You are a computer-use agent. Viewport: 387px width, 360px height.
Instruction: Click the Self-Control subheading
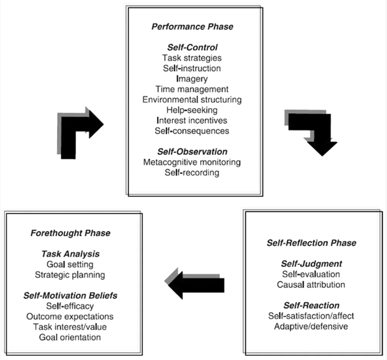coord(192,49)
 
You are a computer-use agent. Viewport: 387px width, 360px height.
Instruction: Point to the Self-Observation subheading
coord(192,152)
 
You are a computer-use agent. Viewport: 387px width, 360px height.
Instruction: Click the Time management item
coord(192,90)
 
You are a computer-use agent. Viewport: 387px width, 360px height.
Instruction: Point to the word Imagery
coord(192,79)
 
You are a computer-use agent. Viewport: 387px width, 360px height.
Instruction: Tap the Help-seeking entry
coord(192,110)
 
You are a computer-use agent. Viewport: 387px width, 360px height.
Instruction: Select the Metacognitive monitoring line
coord(192,162)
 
